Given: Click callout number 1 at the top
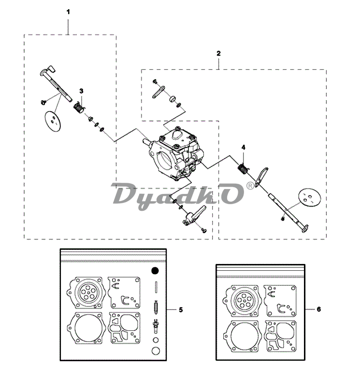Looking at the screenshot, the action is (x=68, y=12).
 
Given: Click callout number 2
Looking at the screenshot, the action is (x=218, y=53).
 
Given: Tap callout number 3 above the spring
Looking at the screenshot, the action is (x=81, y=91).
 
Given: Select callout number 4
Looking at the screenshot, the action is (x=244, y=147).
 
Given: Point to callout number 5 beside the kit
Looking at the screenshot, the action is (x=181, y=310).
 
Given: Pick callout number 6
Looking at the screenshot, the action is (x=319, y=309).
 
